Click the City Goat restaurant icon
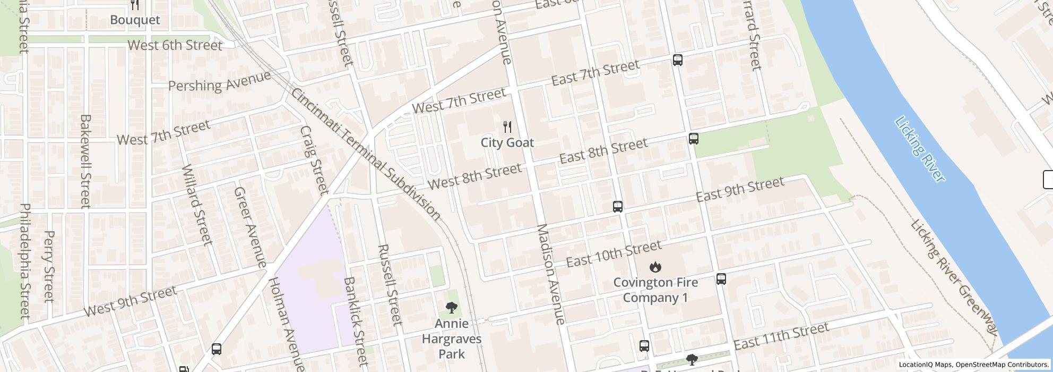(x=507, y=127)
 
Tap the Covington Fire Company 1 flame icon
(x=655, y=267)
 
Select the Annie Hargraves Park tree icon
(x=452, y=308)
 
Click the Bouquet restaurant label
(x=135, y=20)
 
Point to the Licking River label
(x=920, y=149)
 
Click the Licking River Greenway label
(x=953, y=276)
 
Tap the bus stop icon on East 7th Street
(x=677, y=60)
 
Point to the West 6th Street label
(x=175, y=45)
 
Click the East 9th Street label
(x=739, y=190)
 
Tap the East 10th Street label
(x=614, y=253)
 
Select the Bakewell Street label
(x=85, y=161)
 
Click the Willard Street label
(x=196, y=204)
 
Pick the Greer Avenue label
(x=249, y=227)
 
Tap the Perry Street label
(x=49, y=266)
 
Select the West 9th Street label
(x=130, y=301)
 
